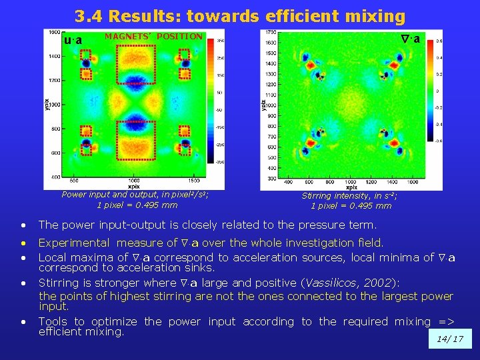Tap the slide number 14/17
(x=450, y=339)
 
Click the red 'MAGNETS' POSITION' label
(x=153, y=37)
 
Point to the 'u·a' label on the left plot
(x=73, y=41)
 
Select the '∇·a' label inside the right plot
(x=409, y=39)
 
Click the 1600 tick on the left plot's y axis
(x=54, y=32)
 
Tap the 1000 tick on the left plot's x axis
(x=134, y=181)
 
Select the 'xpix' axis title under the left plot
(x=133, y=187)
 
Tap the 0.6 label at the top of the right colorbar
(x=439, y=41)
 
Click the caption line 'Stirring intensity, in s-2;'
(x=351, y=196)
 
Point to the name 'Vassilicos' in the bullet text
(x=329, y=283)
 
